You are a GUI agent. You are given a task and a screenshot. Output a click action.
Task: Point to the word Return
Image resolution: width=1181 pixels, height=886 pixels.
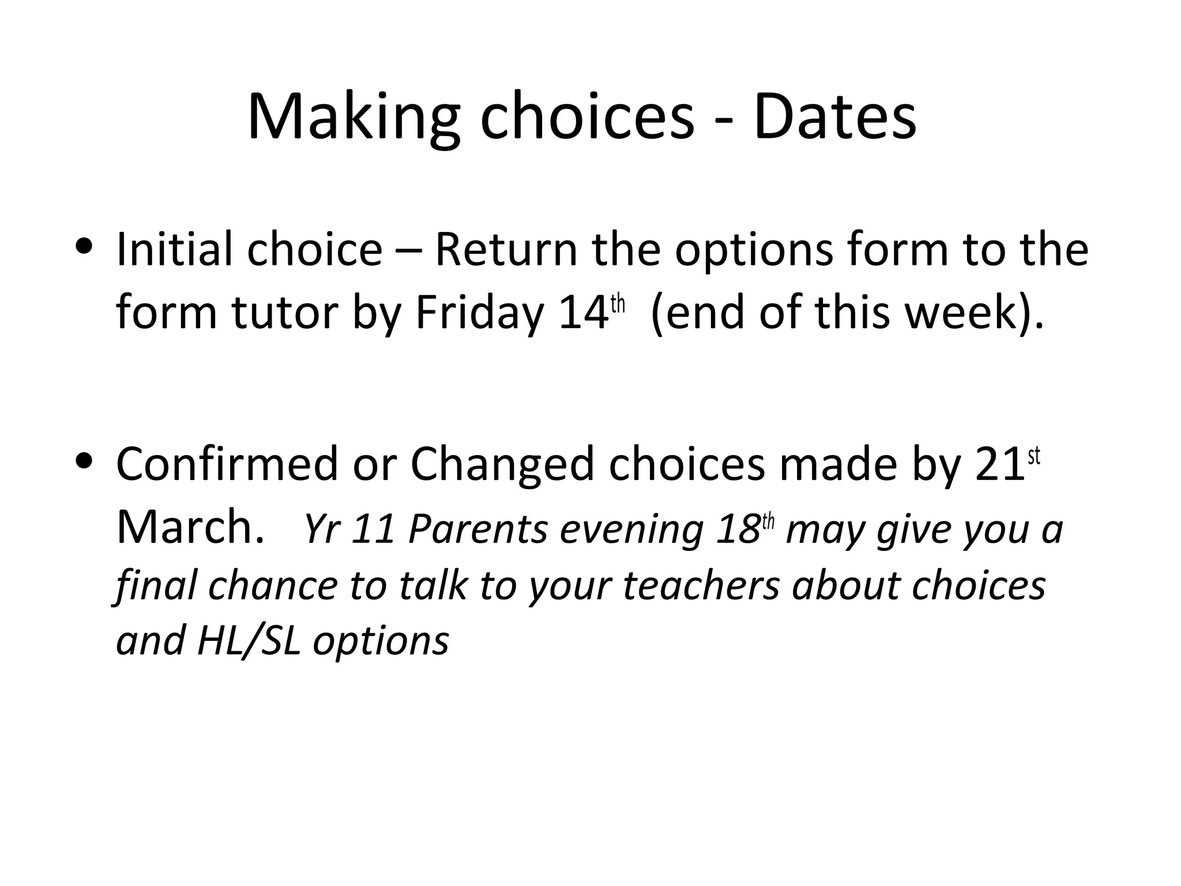point(506,249)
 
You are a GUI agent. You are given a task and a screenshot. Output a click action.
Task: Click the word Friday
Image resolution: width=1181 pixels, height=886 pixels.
point(479,313)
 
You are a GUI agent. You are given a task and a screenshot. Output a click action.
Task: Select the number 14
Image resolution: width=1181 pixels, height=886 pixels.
point(584,313)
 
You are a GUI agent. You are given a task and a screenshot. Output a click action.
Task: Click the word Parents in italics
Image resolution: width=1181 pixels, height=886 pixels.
point(477,529)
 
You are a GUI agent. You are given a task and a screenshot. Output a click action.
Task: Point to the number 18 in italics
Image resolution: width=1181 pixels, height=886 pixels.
point(738,529)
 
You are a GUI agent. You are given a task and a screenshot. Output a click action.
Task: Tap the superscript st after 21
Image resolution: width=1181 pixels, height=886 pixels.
point(1034,456)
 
